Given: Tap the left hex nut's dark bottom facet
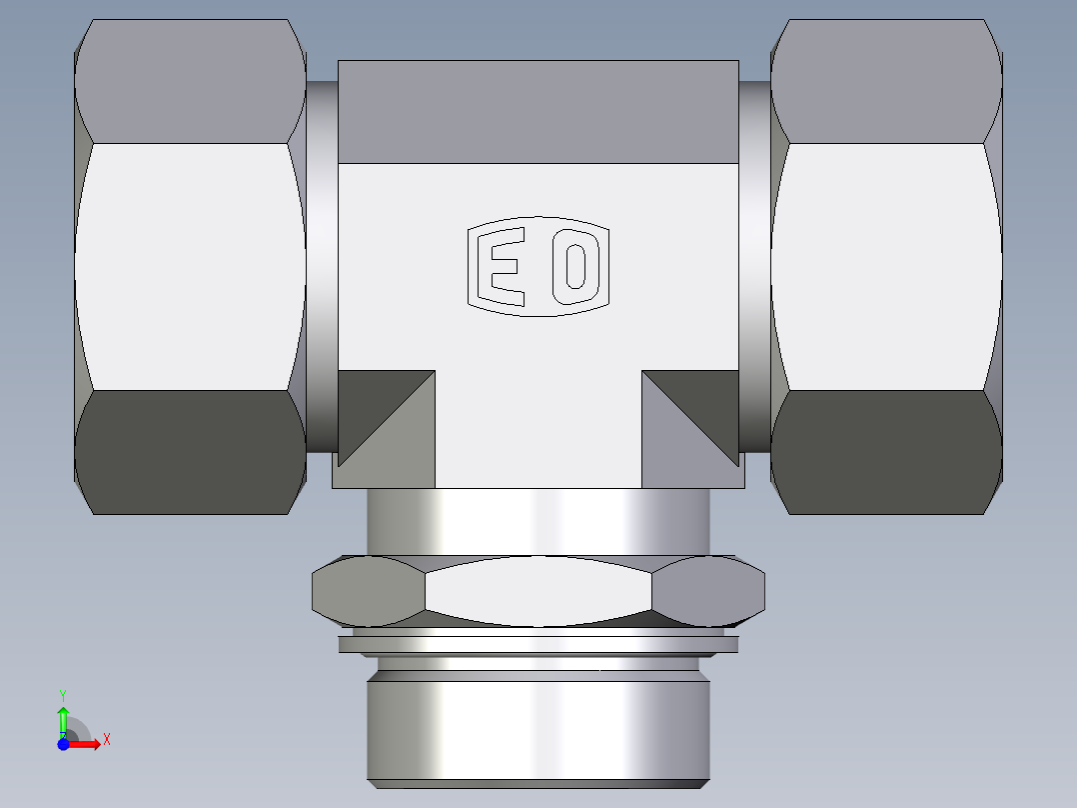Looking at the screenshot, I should click(x=190, y=452).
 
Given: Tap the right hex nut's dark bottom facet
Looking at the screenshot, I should click(x=886, y=452).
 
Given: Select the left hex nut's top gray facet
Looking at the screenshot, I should click(x=190, y=80).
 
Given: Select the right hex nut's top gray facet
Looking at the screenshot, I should click(x=886, y=80).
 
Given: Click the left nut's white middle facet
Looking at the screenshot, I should click(x=190, y=265).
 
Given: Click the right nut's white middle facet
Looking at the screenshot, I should click(x=886, y=265).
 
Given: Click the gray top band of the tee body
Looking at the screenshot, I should click(x=538, y=110).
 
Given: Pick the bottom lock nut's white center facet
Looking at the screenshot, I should click(x=538, y=591).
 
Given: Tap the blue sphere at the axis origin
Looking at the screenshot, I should click(x=63, y=745).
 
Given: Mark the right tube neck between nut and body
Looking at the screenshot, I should click(x=755, y=265).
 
